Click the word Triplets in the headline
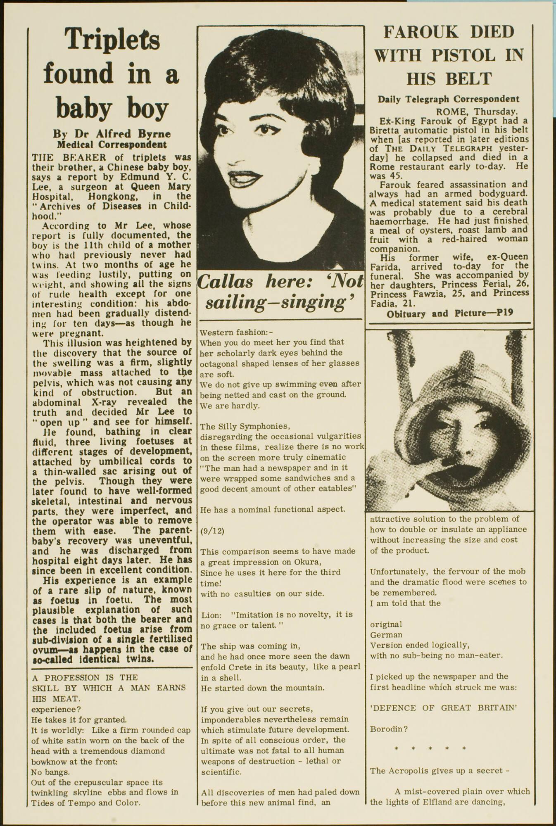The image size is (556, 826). [x=112, y=40]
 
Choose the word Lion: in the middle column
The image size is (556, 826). [x=211, y=615]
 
